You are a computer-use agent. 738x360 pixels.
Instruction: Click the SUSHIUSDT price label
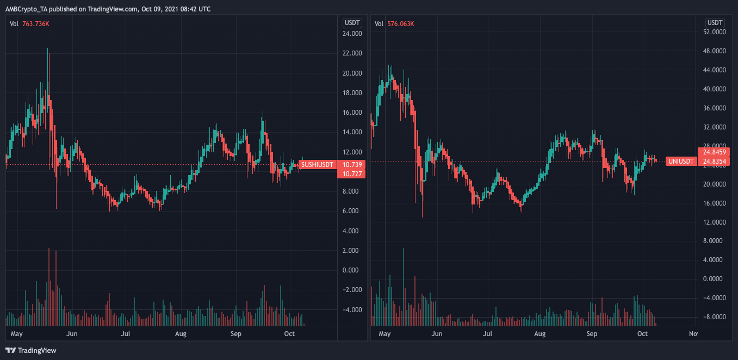pyautogui.click(x=318, y=165)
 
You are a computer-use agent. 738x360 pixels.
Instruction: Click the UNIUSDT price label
pyautogui.click(x=681, y=162)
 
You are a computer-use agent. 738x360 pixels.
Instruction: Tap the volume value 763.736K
pyautogui.click(x=35, y=24)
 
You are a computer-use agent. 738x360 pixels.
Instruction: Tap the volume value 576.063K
pyautogui.click(x=401, y=24)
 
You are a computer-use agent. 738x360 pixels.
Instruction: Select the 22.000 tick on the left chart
pyautogui.click(x=352, y=53)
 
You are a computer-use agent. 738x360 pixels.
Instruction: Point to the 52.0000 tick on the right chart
pyautogui.click(x=714, y=32)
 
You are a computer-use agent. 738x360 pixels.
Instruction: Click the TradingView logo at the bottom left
pyautogui.click(x=31, y=350)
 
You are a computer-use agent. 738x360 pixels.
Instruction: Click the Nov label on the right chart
pyautogui.click(x=693, y=334)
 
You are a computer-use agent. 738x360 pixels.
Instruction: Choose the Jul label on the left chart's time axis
pyautogui.click(x=126, y=334)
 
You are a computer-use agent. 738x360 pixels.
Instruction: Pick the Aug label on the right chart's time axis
pyautogui.click(x=539, y=334)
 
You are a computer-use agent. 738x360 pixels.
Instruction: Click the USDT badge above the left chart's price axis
pyautogui.click(x=352, y=23)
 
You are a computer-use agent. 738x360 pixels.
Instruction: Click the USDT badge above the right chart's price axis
pyautogui.click(x=715, y=23)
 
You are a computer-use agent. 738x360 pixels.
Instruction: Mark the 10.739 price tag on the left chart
pyautogui.click(x=352, y=165)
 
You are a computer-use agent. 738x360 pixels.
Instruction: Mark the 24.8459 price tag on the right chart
pyautogui.click(x=714, y=152)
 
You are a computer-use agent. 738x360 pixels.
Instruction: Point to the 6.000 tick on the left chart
pyautogui.click(x=350, y=211)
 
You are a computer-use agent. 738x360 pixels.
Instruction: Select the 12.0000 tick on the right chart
pyautogui.click(x=714, y=222)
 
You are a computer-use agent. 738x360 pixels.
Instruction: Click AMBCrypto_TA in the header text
pyautogui.click(x=26, y=9)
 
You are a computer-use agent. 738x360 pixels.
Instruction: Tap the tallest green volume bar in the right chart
pyautogui.click(x=404, y=287)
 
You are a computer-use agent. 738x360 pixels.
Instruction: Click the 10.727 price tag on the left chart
pyautogui.click(x=352, y=174)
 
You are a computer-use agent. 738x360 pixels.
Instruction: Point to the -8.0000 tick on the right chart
pyautogui.click(x=714, y=317)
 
